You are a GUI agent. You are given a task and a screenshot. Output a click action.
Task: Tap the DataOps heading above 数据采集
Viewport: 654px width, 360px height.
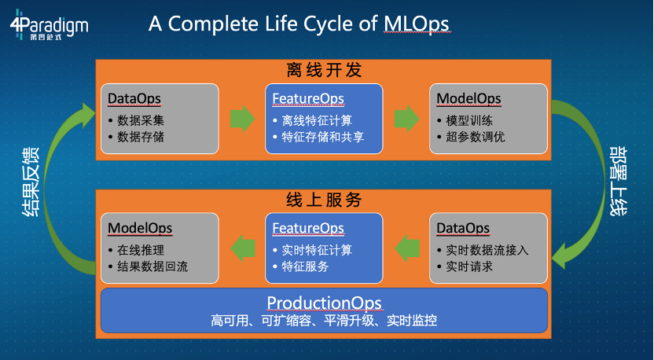click(134, 99)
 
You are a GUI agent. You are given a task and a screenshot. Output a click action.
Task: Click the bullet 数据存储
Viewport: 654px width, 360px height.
click(141, 137)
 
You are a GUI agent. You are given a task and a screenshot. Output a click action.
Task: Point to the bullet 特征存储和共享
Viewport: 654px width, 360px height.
click(322, 137)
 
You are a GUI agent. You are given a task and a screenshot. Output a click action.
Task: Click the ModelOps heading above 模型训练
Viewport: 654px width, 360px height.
click(468, 99)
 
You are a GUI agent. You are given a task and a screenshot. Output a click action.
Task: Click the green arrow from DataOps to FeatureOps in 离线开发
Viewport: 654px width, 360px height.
click(242, 119)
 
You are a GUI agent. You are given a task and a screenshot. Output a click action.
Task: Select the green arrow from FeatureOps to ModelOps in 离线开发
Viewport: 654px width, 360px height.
click(406, 119)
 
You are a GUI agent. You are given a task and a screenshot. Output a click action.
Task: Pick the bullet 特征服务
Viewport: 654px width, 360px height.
click(306, 266)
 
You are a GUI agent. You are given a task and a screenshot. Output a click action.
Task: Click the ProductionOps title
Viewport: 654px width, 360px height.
click(324, 303)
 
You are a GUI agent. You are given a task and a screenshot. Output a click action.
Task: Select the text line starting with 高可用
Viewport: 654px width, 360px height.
click(324, 321)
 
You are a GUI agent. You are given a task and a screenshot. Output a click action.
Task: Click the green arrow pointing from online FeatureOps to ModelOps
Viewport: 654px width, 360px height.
click(242, 250)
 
